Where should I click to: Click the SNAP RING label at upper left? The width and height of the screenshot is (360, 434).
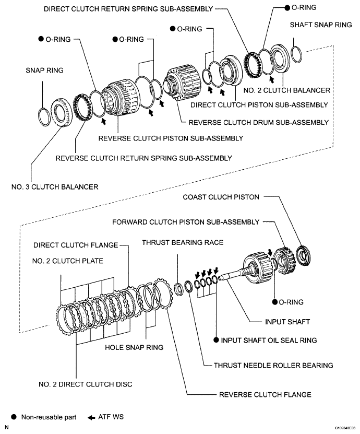(x=44, y=71)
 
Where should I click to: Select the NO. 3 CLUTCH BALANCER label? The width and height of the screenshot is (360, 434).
(x=55, y=187)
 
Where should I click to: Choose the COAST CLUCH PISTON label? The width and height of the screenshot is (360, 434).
(x=221, y=197)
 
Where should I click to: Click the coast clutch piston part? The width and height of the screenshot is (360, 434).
(x=304, y=255)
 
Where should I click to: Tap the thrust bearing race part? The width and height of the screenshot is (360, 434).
(x=178, y=289)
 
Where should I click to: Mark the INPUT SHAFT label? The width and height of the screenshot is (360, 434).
(x=287, y=322)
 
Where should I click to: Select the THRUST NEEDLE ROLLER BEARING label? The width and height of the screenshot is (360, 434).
(x=273, y=365)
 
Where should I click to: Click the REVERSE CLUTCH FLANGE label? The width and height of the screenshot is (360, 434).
(x=265, y=394)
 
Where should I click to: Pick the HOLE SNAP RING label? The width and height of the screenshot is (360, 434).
(x=134, y=347)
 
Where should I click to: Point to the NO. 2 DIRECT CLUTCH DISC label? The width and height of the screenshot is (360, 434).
(x=86, y=384)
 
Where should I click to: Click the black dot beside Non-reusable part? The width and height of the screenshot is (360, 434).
(x=14, y=417)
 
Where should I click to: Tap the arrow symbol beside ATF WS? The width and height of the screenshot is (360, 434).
(x=91, y=417)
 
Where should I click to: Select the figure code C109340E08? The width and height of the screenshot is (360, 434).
(x=345, y=428)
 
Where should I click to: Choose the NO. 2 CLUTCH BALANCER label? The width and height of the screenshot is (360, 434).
(x=287, y=90)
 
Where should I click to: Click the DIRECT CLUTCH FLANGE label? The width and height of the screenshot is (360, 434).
(x=76, y=245)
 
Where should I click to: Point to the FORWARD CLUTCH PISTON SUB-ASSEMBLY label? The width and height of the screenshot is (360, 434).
(x=186, y=222)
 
